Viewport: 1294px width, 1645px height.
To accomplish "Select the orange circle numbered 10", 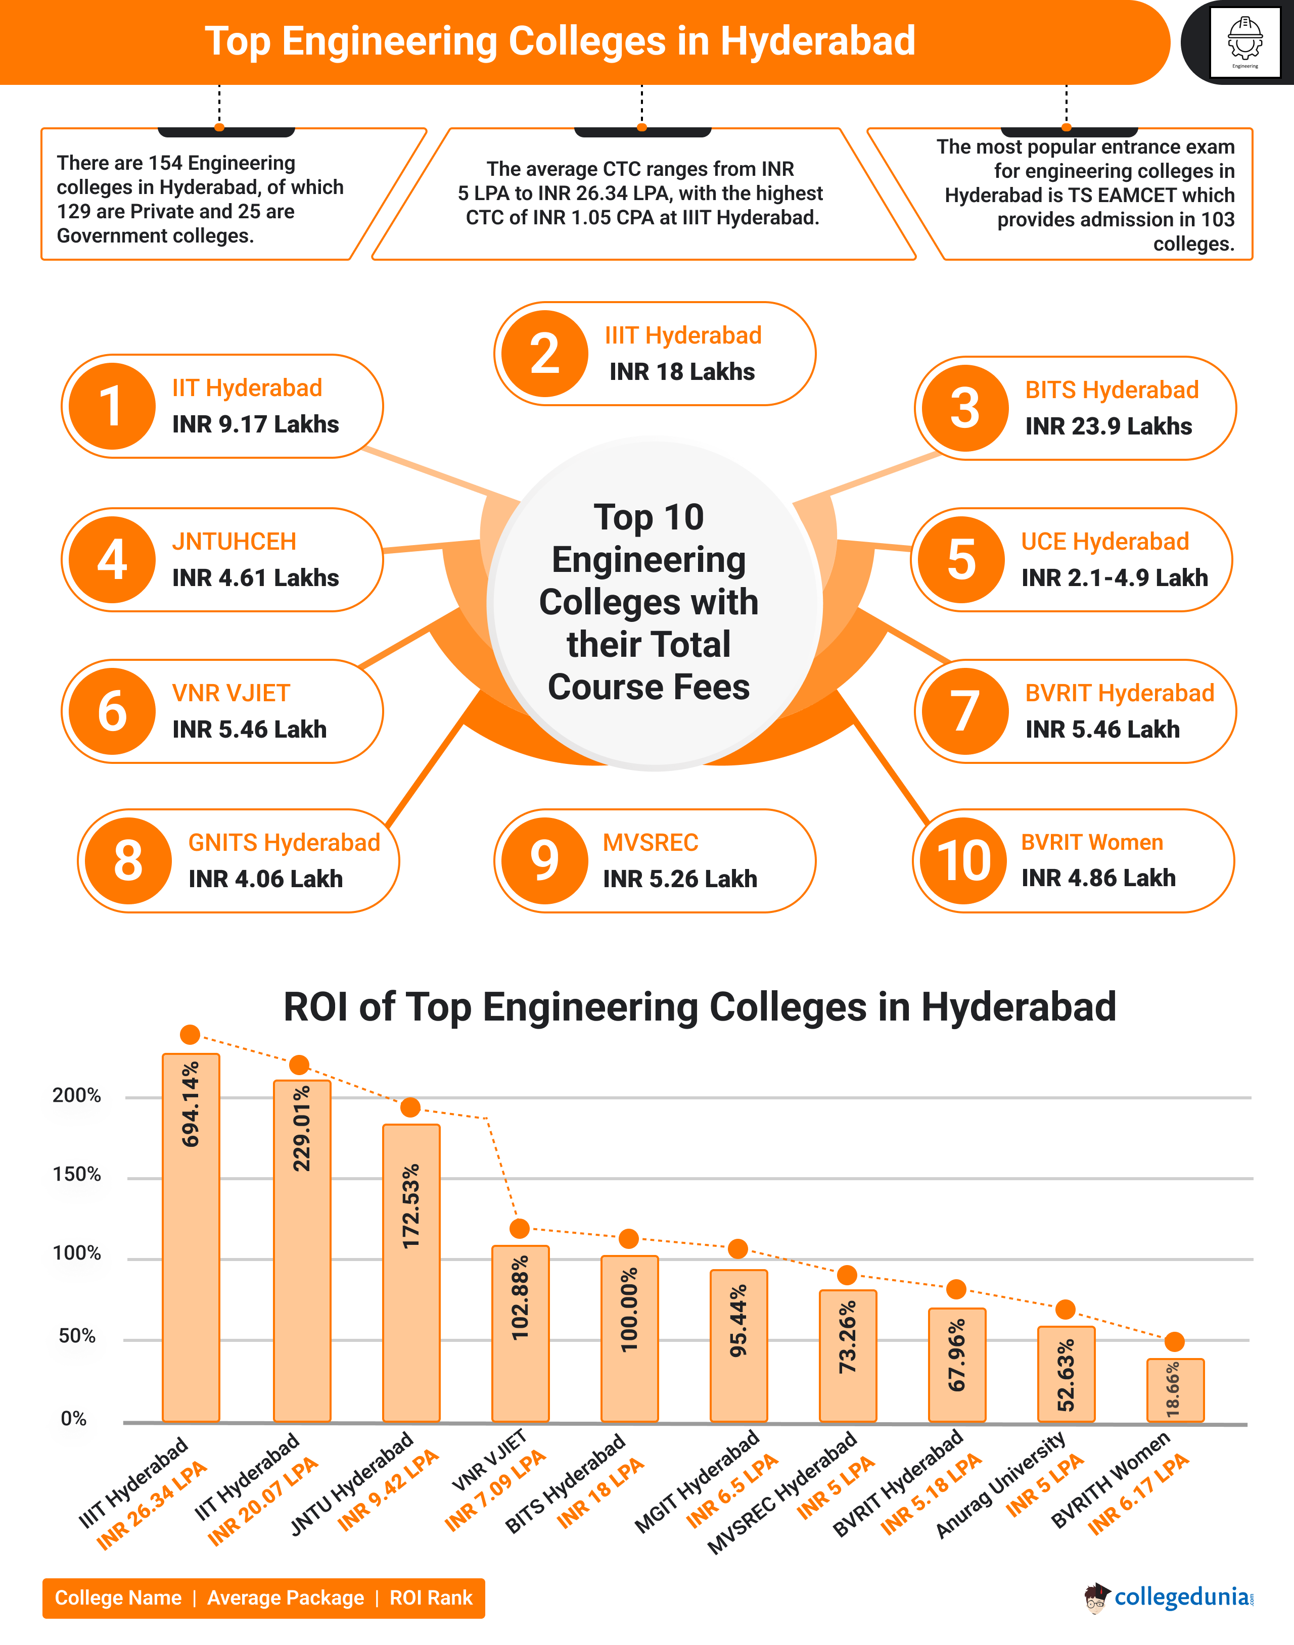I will pyautogui.click(x=963, y=860).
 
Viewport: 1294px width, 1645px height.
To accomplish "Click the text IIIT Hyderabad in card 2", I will pyautogui.click(x=682, y=335).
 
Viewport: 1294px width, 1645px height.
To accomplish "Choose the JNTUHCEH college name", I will pyautogui.click(x=234, y=542).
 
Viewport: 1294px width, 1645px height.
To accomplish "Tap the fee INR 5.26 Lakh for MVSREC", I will pyautogui.click(x=679, y=879).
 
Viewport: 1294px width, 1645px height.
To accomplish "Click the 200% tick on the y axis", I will pyautogui.click(x=76, y=1096).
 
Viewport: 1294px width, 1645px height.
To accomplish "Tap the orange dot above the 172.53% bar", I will pyautogui.click(x=410, y=1107).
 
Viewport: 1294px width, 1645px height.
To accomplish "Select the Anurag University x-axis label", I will pyautogui.click(x=1001, y=1486).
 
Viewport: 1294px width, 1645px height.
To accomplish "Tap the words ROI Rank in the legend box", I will pyautogui.click(x=430, y=1598).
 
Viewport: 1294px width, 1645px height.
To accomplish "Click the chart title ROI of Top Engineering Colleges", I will pyautogui.click(x=699, y=1007).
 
